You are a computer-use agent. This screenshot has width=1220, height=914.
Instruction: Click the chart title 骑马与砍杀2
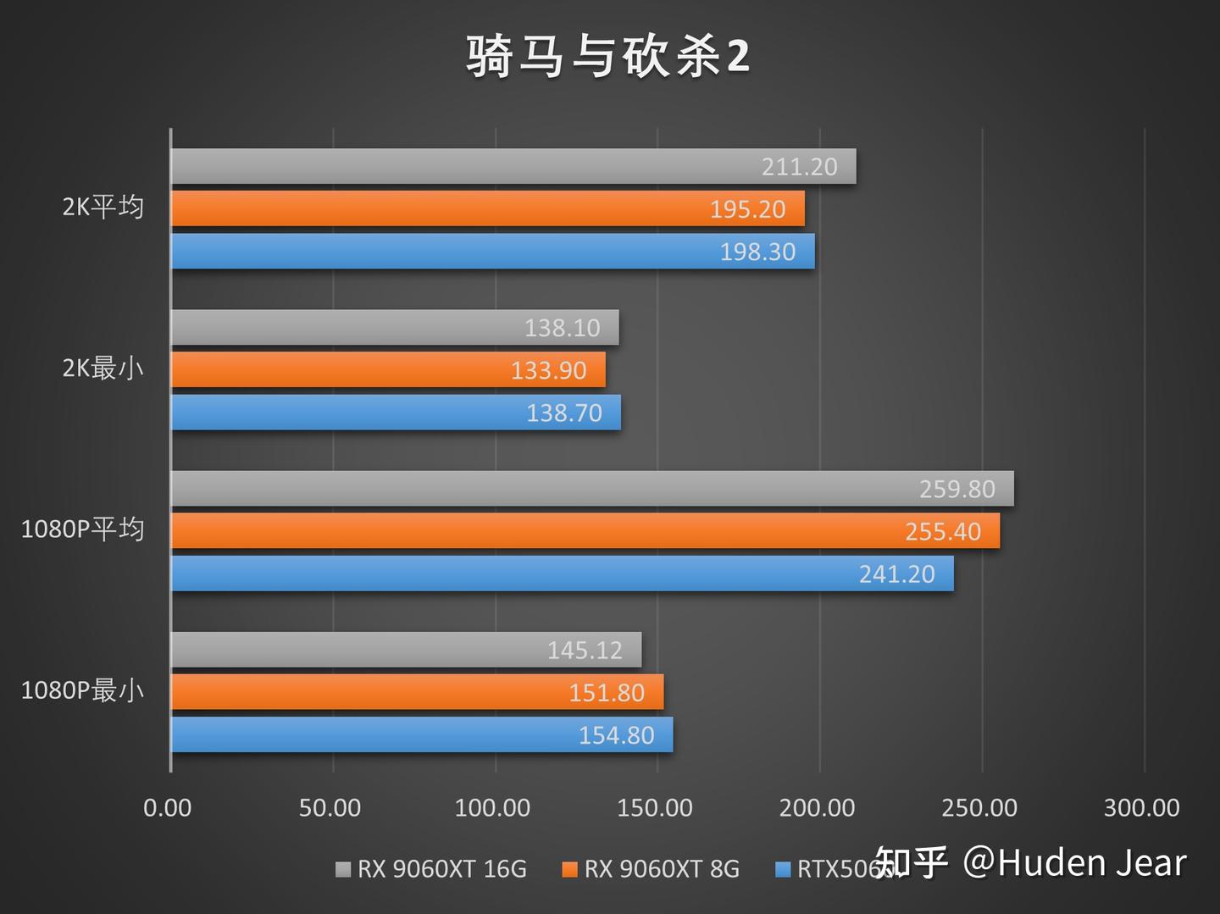[x=607, y=58]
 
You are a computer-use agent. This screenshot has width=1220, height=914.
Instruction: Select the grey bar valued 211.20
[x=513, y=166]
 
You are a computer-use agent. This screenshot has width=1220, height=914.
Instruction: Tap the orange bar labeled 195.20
[x=488, y=208]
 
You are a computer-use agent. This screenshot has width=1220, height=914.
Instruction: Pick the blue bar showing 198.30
[x=493, y=252]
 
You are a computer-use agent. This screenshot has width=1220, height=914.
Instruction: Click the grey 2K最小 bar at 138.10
[x=395, y=327]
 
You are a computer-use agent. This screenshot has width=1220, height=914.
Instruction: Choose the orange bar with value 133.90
[x=388, y=370]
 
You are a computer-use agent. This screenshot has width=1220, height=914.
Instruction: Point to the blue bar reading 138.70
[x=396, y=413]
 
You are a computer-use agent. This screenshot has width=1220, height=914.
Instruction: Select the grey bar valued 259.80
[x=592, y=489]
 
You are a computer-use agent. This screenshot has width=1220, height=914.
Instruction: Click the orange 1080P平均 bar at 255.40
[x=585, y=531]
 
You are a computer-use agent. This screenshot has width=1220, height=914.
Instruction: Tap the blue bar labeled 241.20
[x=563, y=573]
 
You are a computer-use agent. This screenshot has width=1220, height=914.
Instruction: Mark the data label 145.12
[x=585, y=650]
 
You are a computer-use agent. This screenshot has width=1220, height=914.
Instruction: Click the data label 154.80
[x=616, y=735]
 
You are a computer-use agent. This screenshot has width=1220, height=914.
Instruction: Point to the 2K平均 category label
[x=103, y=207]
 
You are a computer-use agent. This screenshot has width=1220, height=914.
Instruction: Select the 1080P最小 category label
[x=82, y=690]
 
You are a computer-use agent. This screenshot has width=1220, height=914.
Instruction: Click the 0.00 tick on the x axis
[x=168, y=808]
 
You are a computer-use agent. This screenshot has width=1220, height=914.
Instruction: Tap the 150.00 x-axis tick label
[x=655, y=808]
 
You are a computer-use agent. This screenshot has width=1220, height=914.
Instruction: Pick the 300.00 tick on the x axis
[x=1141, y=808]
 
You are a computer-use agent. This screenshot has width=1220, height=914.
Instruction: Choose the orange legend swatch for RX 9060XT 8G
[x=570, y=869]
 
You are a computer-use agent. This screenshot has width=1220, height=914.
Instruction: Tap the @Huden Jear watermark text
[x=1074, y=863]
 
